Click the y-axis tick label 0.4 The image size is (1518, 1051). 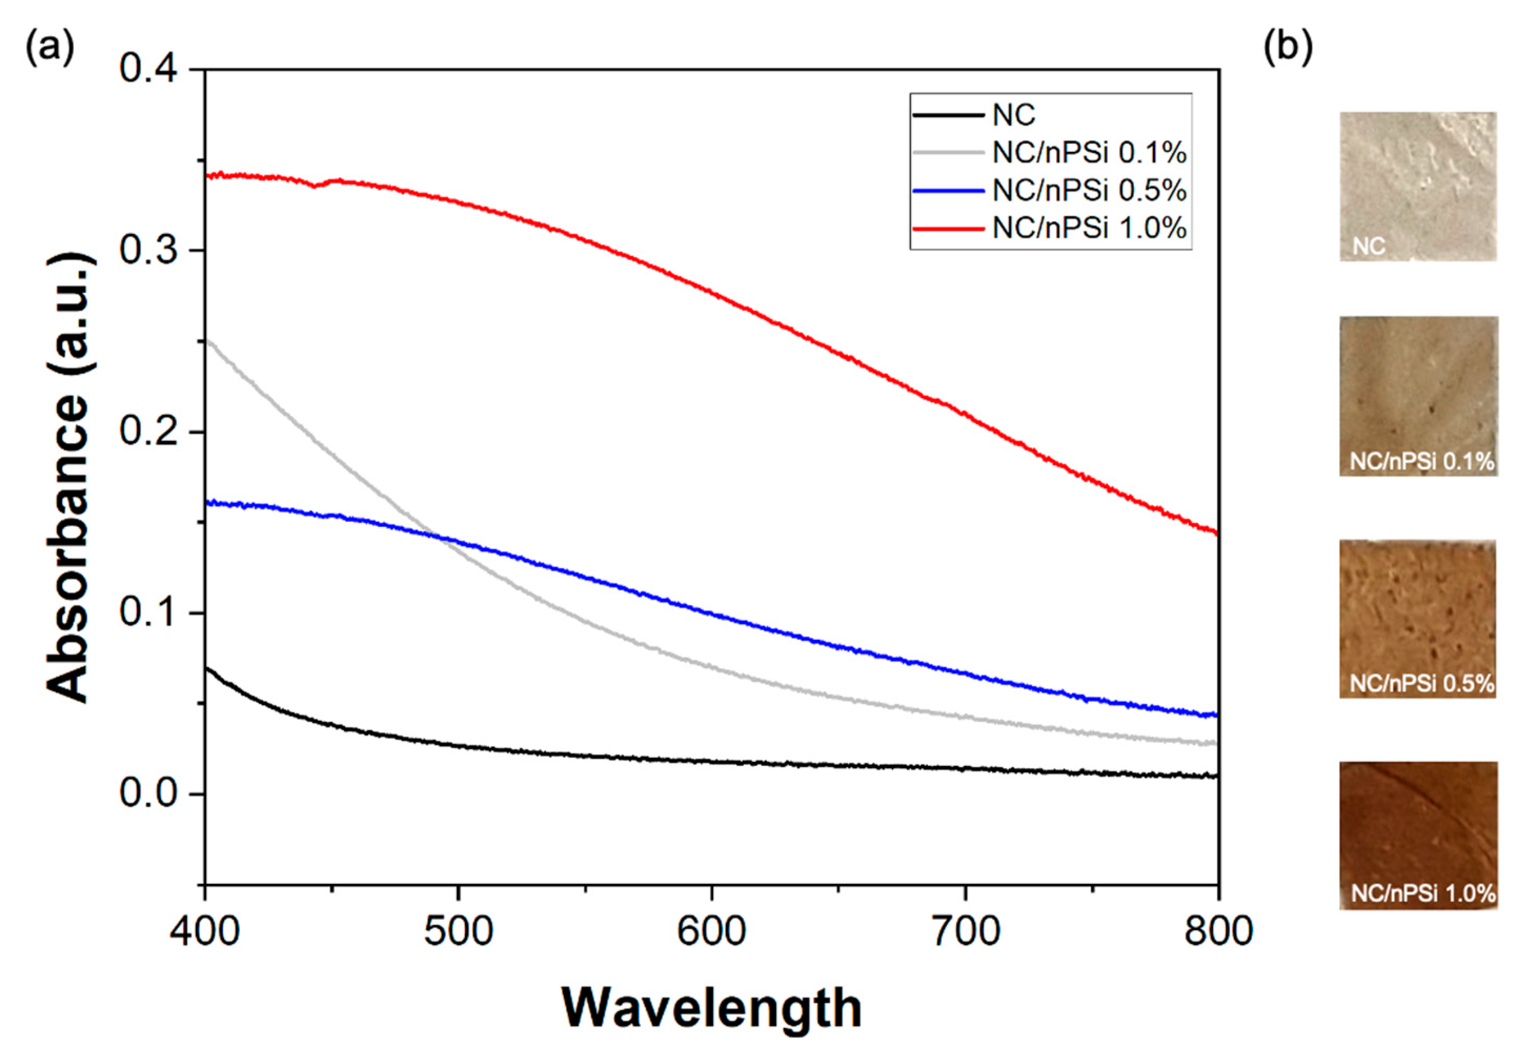tap(139, 69)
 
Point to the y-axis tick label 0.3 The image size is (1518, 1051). tap(139, 250)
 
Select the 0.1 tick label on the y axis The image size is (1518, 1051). tap(139, 613)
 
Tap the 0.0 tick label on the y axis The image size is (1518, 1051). tap(139, 793)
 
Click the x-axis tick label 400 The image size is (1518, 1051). tap(205, 933)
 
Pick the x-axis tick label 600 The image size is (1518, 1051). tap(711, 933)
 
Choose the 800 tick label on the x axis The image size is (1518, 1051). tap(1218, 933)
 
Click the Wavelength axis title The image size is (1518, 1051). tap(711, 1008)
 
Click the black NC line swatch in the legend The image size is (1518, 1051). tap(948, 116)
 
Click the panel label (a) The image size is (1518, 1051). tap(49, 47)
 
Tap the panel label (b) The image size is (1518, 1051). tap(1288, 47)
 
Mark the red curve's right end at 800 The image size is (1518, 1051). tap(1216, 532)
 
